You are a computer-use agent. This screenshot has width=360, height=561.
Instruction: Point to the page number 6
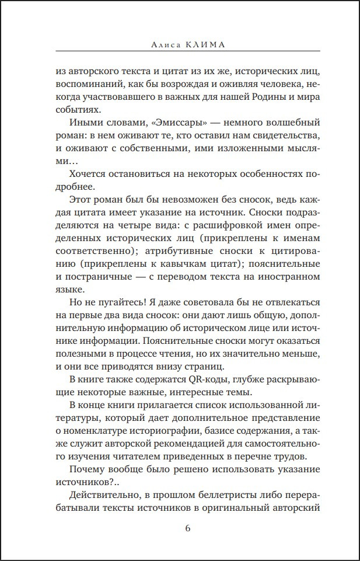click(187, 529)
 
